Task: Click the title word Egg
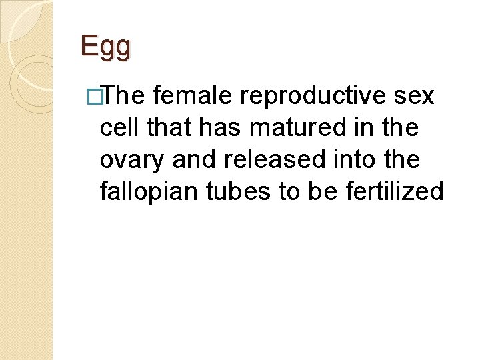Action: (x=105, y=47)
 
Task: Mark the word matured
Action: (x=294, y=128)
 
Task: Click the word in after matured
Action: (x=363, y=128)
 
